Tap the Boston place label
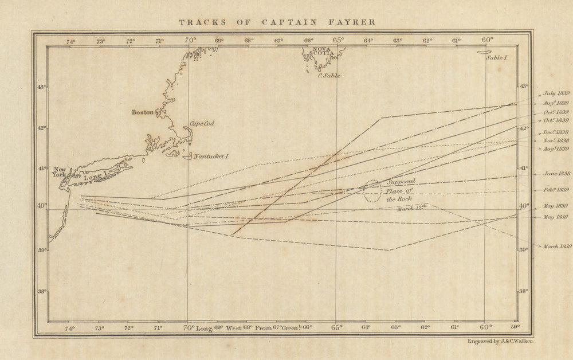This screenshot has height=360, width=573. (143, 113)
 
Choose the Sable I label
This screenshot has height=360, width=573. (496, 58)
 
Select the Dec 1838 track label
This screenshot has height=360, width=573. (555, 132)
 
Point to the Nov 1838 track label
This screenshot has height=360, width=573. (555, 140)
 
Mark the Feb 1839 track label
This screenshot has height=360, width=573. (555, 189)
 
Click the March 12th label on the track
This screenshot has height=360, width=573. (413, 209)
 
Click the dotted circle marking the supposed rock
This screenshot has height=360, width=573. (372, 191)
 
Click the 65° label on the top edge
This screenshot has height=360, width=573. (338, 40)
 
